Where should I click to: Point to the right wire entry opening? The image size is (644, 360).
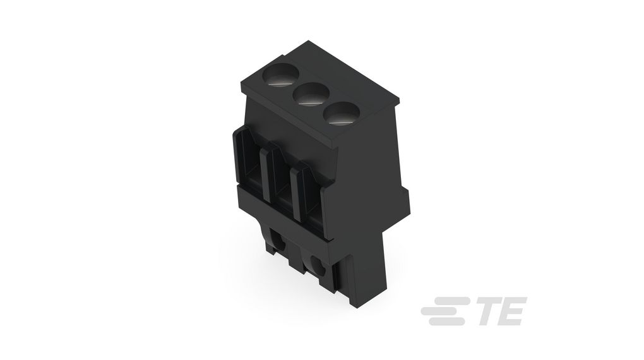click(x=311, y=195)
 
